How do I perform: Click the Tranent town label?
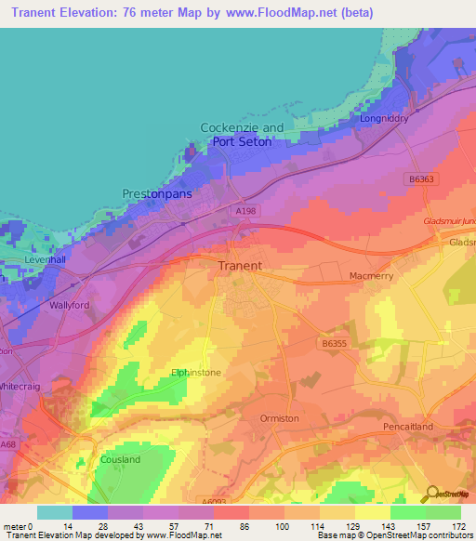239,266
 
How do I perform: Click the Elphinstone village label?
195,373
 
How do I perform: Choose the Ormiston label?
280,418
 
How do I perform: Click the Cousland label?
120,459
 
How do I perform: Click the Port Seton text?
243,142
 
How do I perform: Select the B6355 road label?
335,344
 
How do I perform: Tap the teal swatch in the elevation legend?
54,512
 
